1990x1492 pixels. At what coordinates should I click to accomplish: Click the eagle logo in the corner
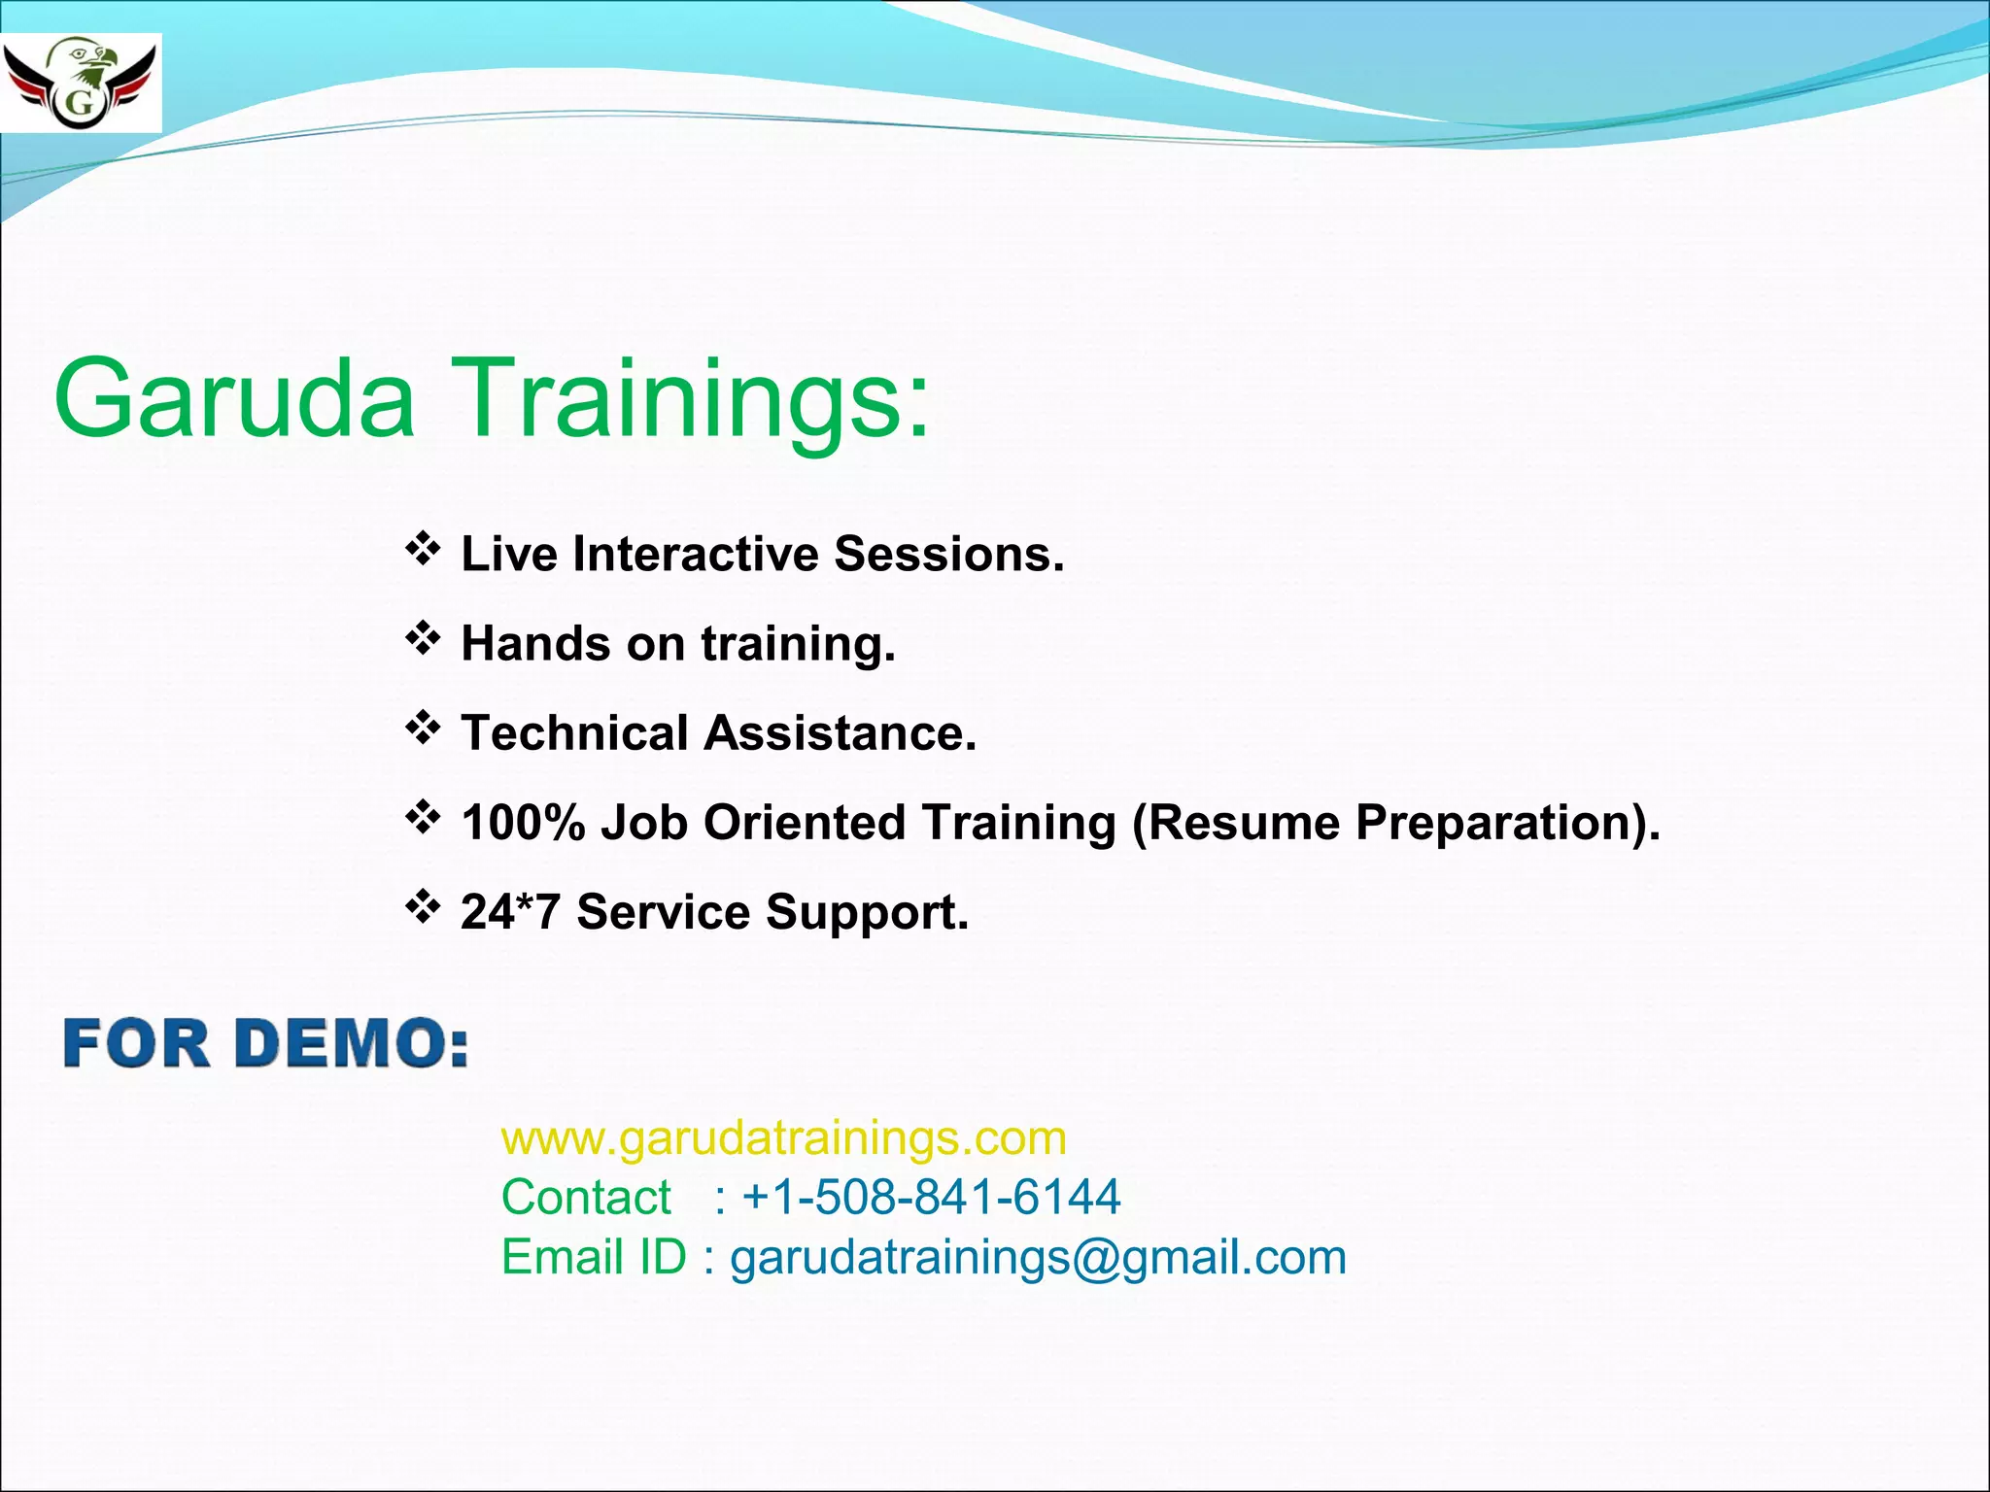click(x=81, y=83)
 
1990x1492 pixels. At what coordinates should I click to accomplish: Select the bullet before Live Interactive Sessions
click(x=423, y=550)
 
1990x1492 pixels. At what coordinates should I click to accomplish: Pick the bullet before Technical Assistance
click(x=423, y=729)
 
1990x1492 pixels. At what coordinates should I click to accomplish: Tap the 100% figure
click(x=523, y=823)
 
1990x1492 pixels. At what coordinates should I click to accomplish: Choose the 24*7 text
click(x=510, y=912)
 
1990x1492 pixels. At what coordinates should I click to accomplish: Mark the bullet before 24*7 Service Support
click(x=423, y=908)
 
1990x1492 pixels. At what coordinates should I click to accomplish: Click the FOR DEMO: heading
click(x=265, y=1044)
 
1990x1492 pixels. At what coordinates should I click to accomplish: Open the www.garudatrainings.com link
click(x=783, y=1137)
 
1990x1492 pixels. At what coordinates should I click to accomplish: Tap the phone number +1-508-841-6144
click(x=930, y=1197)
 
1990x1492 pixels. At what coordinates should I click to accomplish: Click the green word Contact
click(x=586, y=1197)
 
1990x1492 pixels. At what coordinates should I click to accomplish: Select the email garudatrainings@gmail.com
click(x=1038, y=1257)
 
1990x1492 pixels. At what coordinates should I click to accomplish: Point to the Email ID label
click(x=594, y=1257)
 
